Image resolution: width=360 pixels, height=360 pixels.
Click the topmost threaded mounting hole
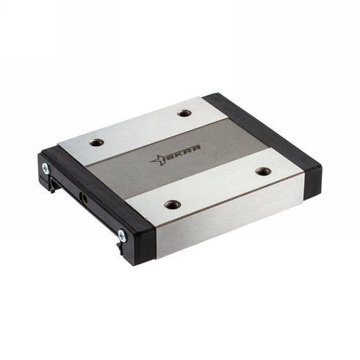(x=184, y=113)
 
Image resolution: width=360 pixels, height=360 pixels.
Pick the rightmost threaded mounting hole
(x=264, y=171)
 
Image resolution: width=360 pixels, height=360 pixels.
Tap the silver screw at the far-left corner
(x=46, y=168)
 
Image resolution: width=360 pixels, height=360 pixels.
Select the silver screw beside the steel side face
(x=122, y=235)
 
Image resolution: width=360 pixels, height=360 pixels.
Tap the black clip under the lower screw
(x=120, y=251)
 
